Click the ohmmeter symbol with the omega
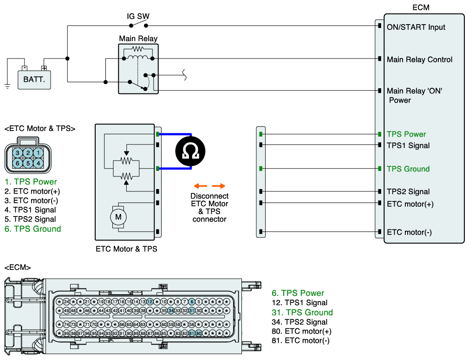(190, 151)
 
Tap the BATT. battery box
(34, 79)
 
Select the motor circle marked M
(118, 217)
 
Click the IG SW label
(138, 16)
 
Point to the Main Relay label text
(138, 39)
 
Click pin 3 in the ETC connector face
(18, 153)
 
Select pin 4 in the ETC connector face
(38, 164)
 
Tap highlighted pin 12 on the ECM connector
(150, 301)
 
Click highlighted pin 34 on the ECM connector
(171, 311)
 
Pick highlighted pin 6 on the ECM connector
(192, 301)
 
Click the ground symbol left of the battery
(7, 86)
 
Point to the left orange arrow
(201, 186)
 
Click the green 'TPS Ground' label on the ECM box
(408, 169)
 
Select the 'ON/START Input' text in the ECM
(416, 27)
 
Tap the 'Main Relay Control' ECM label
(419, 59)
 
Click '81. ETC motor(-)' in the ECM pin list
(300, 340)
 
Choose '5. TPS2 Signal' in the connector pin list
(30, 219)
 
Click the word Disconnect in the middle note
(209, 196)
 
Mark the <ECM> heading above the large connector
(18, 267)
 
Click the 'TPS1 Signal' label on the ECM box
(408, 145)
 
